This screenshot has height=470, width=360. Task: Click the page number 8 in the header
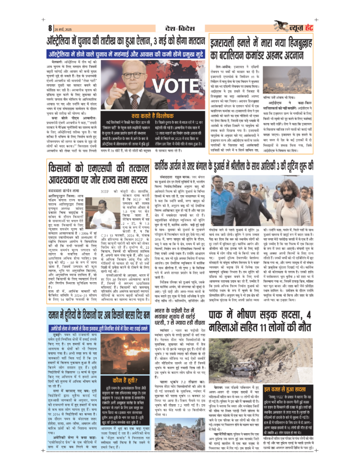[50, 28]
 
